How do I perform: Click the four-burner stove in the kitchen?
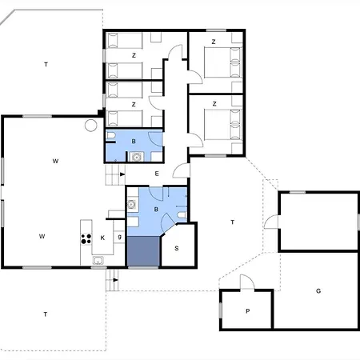tap(86, 238)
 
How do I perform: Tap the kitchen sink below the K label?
tap(98, 260)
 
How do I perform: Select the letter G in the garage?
tap(318, 290)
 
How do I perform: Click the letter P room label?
tap(248, 311)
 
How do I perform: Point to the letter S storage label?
tap(177, 248)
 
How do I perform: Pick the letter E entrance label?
tap(157, 174)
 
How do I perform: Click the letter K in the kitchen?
tap(102, 238)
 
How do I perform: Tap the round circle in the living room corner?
tap(91, 126)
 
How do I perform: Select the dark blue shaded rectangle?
tap(144, 251)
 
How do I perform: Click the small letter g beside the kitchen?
tap(120, 237)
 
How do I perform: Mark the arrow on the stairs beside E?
tap(122, 174)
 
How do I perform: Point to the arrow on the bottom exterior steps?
tap(116, 280)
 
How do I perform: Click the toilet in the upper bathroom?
tap(110, 136)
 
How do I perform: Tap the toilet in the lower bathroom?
tap(182, 215)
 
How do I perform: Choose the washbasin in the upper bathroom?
tap(137, 157)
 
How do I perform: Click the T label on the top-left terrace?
tap(46, 64)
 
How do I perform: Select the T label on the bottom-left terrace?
tap(46, 314)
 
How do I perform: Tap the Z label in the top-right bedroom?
tap(214, 42)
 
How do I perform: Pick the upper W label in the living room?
tap(55, 161)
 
